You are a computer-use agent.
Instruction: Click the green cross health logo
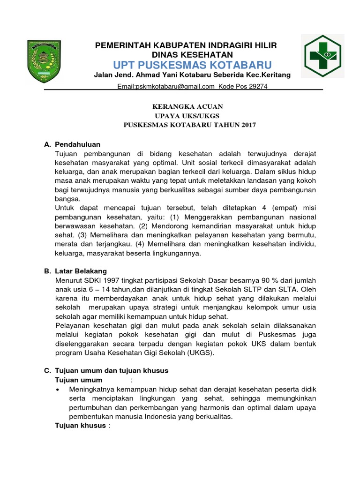tap(324, 55)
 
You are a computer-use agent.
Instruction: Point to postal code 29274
tap(257, 86)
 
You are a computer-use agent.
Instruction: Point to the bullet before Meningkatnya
tap(57, 390)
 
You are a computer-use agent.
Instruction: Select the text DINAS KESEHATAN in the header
tap(186, 54)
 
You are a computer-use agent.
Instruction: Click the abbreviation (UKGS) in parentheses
tap(201, 352)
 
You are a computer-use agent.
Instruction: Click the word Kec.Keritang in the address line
tap(269, 75)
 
